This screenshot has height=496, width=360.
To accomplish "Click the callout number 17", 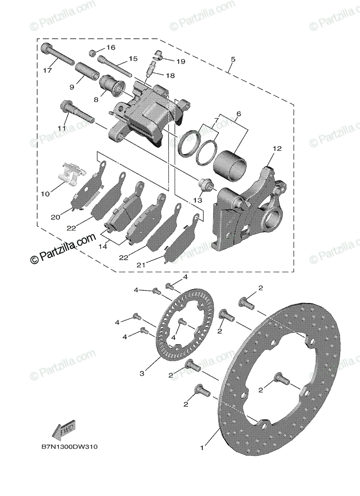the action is pyautogui.click(x=47, y=70).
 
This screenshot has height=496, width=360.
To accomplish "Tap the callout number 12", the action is pyautogui.click(x=277, y=148).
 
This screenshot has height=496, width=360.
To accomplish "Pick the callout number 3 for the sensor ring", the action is pyautogui.click(x=142, y=373).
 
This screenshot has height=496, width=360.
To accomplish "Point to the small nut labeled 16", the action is pyautogui.click(x=93, y=53).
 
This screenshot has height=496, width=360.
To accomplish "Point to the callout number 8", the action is pyautogui.click(x=96, y=99).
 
